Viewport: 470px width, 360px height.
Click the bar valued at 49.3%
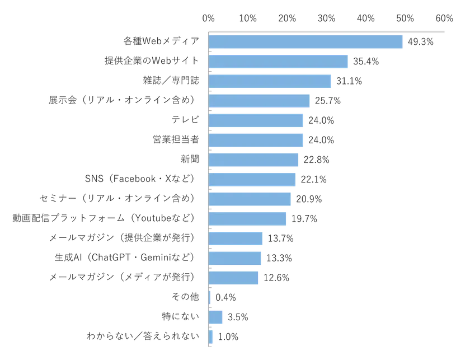tap(305, 42)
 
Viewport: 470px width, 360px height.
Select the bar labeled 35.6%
tap(278, 62)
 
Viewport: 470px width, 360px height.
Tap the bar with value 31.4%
tap(270, 81)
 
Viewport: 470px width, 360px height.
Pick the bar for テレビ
tap(256, 120)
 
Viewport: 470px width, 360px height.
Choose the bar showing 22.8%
tap(253, 160)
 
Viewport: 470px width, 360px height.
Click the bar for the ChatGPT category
tap(236, 258)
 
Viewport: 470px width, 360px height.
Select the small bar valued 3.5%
tap(215, 317)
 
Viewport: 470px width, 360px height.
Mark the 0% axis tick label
tap(209, 18)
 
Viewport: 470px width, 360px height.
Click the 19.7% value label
tap(303, 219)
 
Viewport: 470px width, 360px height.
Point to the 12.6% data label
tap(276, 278)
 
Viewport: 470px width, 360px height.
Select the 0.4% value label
tap(225, 297)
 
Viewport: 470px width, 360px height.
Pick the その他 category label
tap(185, 297)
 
